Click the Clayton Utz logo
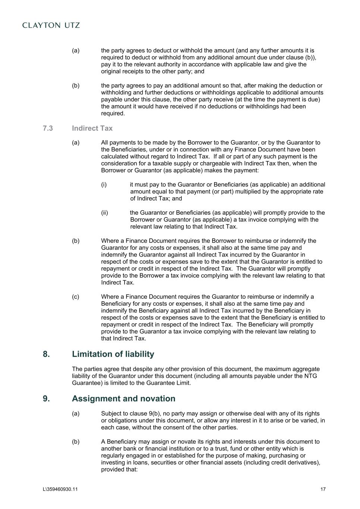[x=51, y=25]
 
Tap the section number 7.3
[x=48, y=128]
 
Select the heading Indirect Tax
[x=92, y=128]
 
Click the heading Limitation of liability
[x=113, y=354]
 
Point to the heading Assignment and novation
[x=123, y=399]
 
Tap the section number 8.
[x=46, y=354]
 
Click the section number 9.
[x=46, y=399]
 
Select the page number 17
[x=323, y=489]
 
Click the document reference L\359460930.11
[x=60, y=489]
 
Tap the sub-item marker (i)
[x=104, y=185]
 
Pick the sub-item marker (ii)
[x=104, y=213]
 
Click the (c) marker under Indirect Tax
[x=75, y=297]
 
